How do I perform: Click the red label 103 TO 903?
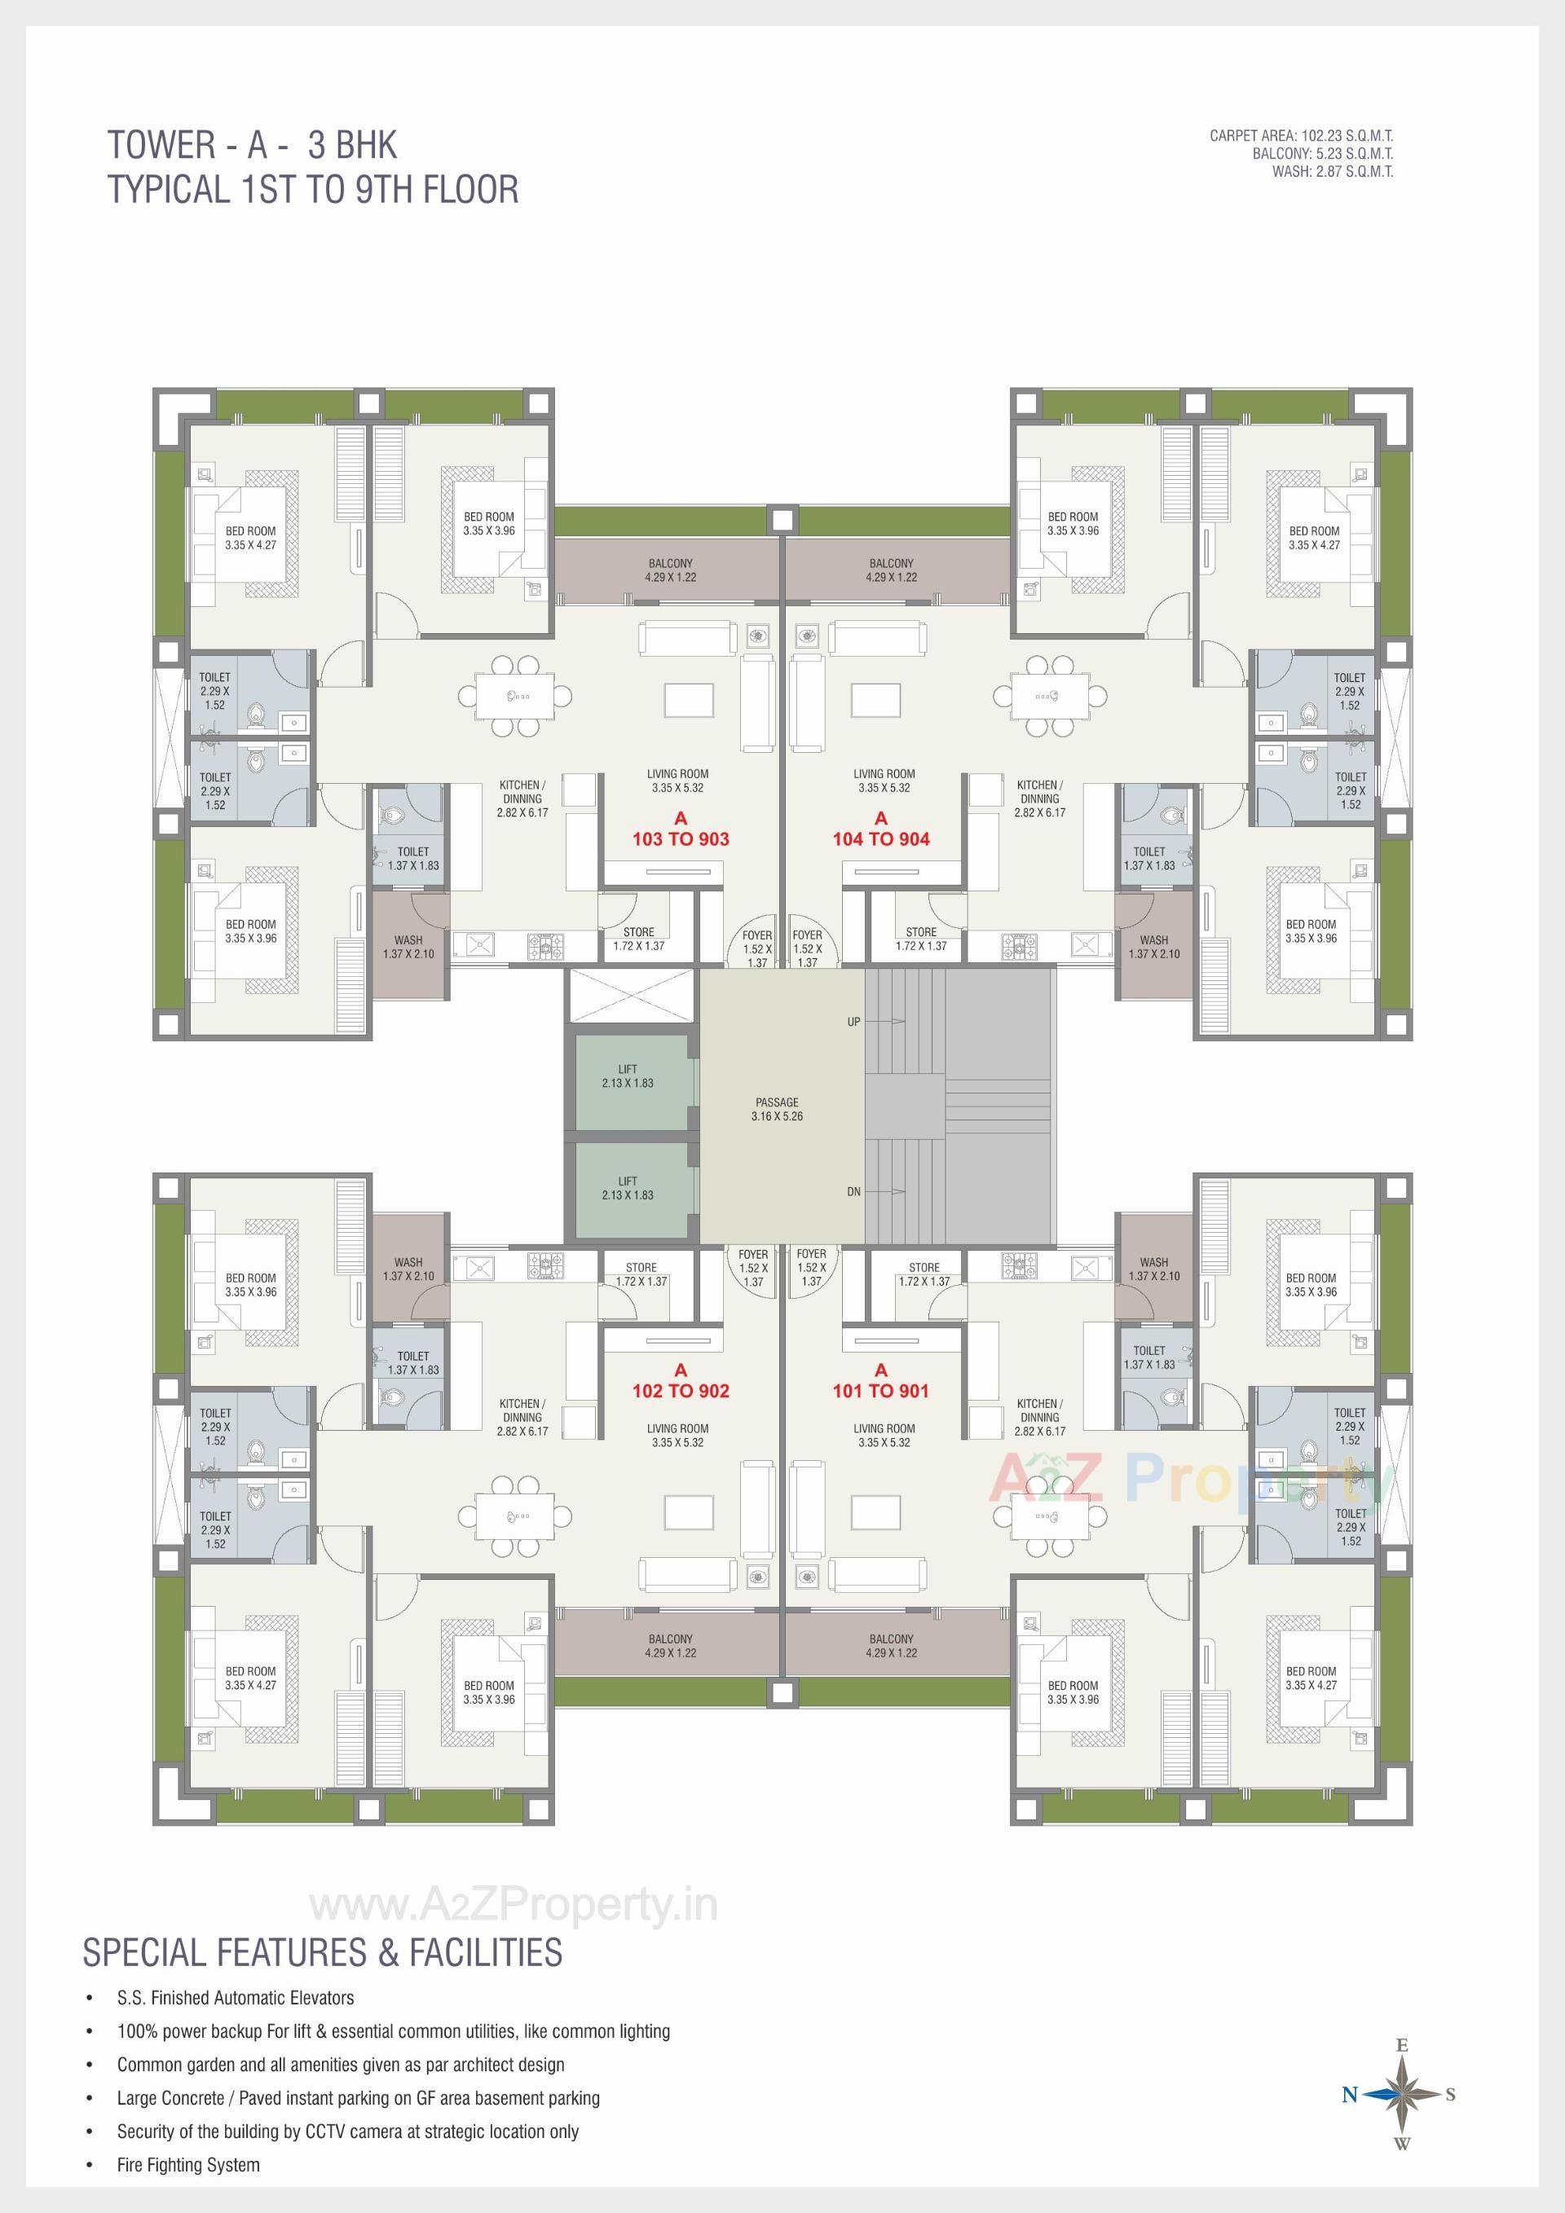point(680,838)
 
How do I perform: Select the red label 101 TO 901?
point(880,1391)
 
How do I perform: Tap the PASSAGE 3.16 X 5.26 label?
point(777,1110)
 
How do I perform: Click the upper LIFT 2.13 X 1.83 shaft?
point(628,1076)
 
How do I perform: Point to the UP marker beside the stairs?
point(853,1022)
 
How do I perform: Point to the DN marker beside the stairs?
point(853,1192)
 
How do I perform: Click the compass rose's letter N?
point(1349,2093)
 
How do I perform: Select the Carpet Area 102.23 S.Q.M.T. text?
point(1301,136)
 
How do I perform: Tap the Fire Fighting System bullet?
point(188,2164)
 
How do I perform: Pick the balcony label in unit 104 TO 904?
point(891,570)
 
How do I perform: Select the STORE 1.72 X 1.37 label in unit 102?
point(641,1274)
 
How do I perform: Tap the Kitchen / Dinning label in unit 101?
point(1039,1417)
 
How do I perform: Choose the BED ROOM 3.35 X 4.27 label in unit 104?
point(1314,538)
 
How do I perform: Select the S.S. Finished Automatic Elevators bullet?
point(236,1998)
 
